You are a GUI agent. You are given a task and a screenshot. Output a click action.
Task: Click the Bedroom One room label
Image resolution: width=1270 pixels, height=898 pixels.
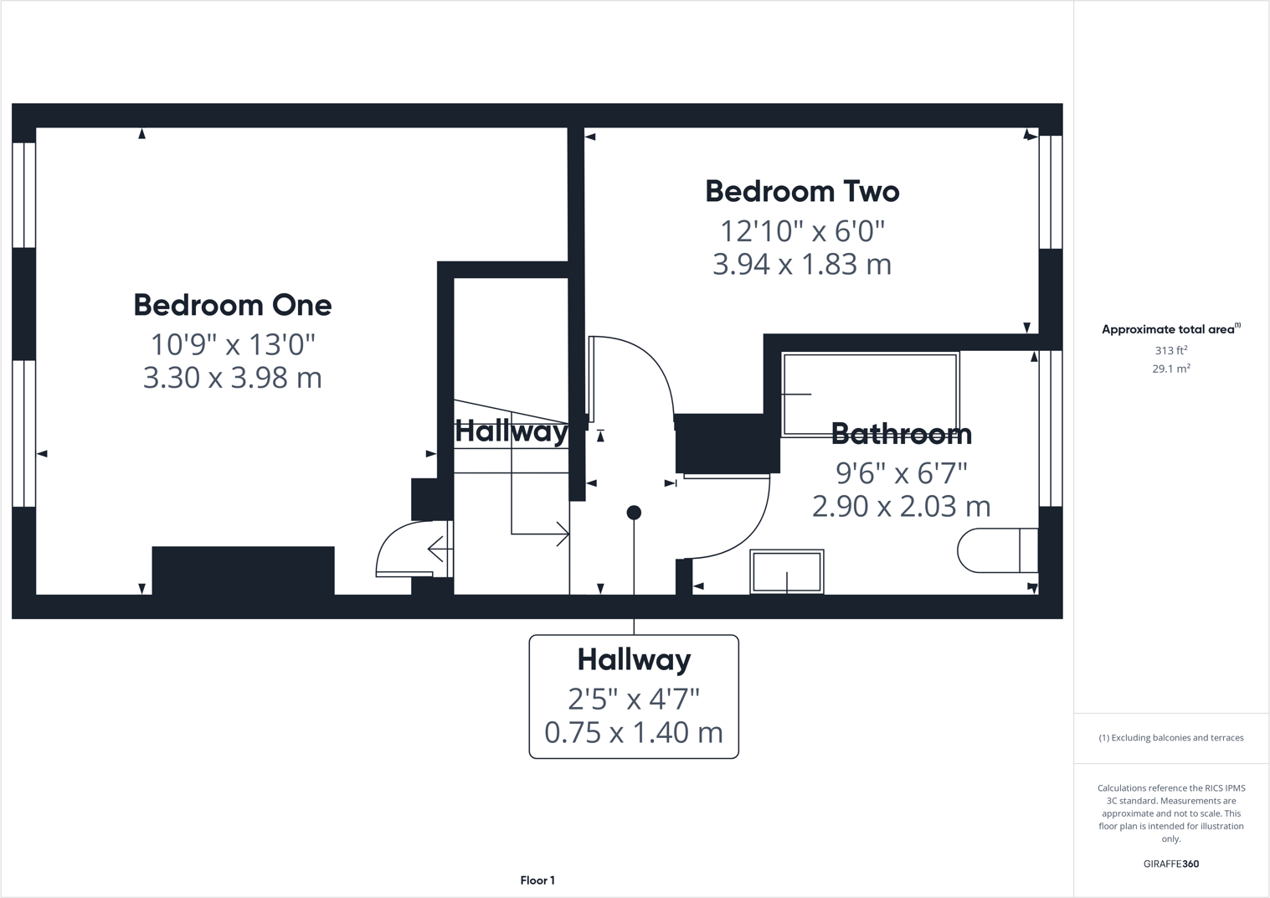pos(233,305)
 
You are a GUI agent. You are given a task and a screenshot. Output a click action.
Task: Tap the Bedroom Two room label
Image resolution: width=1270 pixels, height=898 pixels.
pos(802,192)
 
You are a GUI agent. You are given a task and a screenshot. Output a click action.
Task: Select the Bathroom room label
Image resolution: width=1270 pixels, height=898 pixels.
pos(902,434)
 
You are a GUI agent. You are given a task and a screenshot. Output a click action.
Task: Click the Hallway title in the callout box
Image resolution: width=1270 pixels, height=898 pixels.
pos(634,660)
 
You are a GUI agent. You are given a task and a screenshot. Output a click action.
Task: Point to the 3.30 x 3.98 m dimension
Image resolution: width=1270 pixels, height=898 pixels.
pos(233,378)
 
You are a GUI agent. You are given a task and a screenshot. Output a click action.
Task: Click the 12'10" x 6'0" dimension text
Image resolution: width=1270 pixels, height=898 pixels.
pos(802,230)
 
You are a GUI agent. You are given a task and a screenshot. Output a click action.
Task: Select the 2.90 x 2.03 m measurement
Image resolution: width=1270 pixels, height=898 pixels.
pos(902,506)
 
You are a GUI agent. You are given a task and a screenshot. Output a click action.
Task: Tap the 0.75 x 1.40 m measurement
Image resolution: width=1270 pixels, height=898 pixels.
pos(634,733)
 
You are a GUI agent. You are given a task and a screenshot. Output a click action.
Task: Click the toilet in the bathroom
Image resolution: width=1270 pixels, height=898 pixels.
pos(997,550)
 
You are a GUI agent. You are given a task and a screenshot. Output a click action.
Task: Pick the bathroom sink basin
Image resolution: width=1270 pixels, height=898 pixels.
pos(787,571)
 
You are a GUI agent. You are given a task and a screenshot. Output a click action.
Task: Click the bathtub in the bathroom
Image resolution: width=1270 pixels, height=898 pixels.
pos(870,394)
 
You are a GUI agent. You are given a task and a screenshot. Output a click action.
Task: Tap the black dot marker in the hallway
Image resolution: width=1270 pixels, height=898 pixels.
pos(634,513)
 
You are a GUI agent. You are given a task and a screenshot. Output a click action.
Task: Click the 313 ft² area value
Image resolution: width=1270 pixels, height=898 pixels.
pos(1170,351)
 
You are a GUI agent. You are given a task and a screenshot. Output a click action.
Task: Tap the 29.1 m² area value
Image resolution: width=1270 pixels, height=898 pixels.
pos(1170,369)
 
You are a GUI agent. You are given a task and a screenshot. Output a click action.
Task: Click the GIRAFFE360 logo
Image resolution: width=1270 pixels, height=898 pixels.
pos(1170,864)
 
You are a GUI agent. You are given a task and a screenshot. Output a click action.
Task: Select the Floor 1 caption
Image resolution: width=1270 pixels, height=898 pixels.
pos(537,880)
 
